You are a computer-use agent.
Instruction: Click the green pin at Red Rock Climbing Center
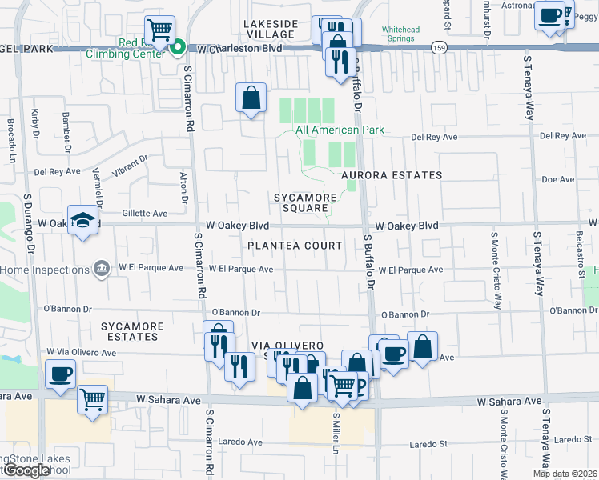(178, 49)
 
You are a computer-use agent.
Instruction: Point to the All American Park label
(340, 130)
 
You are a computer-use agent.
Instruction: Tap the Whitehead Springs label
(408, 33)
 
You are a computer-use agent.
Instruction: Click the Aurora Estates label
(391, 175)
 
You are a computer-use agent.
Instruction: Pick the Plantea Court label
(295, 246)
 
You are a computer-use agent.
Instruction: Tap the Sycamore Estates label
(133, 331)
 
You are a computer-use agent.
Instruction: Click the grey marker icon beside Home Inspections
(102, 269)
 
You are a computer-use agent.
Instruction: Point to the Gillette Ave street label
(144, 214)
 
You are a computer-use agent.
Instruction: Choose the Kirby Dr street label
(35, 124)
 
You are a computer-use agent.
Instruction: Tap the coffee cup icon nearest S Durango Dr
(60, 374)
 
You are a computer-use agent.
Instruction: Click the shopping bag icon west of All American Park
(251, 98)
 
